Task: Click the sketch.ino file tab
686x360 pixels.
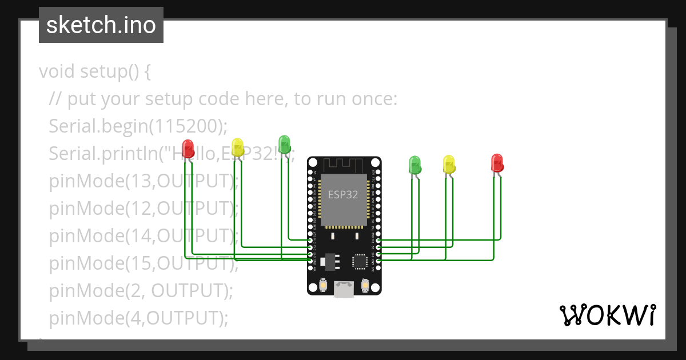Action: tap(101, 25)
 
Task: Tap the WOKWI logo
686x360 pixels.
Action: tap(607, 315)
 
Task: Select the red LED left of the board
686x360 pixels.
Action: tap(188, 149)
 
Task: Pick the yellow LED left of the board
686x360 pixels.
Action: tap(238, 147)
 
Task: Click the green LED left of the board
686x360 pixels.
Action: tap(284, 144)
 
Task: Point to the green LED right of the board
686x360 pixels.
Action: tap(414, 165)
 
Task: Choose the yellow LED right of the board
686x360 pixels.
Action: tap(449, 165)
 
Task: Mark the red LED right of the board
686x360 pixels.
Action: tap(497, 162)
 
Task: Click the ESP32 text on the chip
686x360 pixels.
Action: tap(343, 194)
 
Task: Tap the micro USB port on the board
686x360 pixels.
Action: tap(344, 289)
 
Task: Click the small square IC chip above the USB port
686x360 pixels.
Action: tap(360, 261)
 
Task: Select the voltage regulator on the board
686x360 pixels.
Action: tap(326, 261)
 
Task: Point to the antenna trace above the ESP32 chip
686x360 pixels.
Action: tap(343, 166)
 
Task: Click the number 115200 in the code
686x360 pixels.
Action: tap(182, 126)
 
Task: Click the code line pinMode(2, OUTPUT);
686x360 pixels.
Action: tap(141, 291)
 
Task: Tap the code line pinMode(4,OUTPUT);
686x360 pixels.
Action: tap(138, 318)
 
